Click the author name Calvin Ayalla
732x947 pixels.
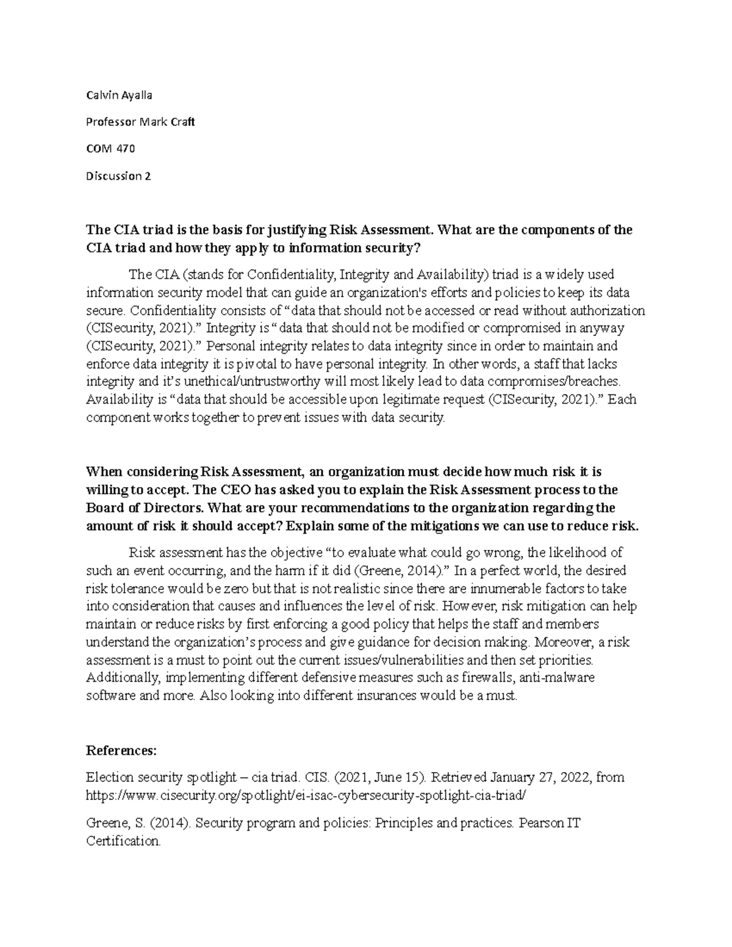tap(119, 95)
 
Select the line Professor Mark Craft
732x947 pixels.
tap(140, 122)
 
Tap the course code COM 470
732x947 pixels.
tap(110, 149)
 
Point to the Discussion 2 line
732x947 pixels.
tap(118, 176)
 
